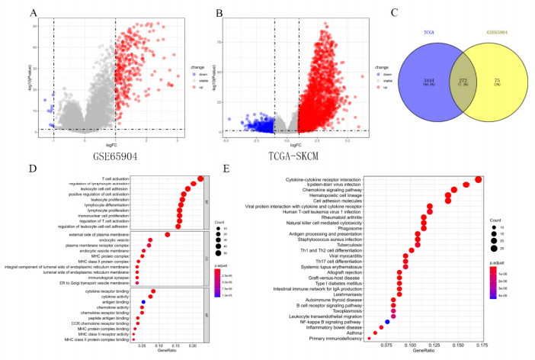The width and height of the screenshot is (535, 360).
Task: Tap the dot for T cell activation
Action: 200,180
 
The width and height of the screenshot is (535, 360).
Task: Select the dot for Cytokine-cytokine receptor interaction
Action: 478,179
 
